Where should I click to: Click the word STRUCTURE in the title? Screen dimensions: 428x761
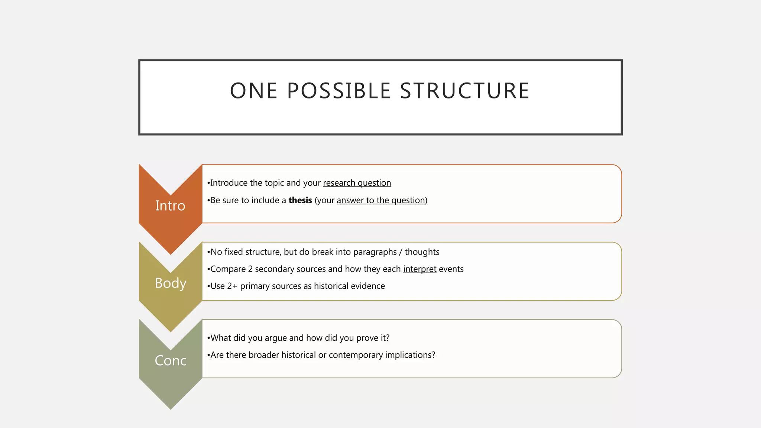(x=464, y=91)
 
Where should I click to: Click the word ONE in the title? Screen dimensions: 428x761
(x=254, y=91)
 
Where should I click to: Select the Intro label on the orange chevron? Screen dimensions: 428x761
(x=170, y=206)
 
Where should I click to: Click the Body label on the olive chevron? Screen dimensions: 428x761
(x=171, y=283)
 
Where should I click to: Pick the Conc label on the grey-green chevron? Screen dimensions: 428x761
(x=171, y=361)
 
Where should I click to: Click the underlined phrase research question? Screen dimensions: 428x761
(x=357, y=183)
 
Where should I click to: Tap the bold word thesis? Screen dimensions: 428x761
(x=300, y=200)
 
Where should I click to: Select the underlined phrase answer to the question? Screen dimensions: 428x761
(x=381, y=200)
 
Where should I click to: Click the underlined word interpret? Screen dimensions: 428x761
(x=420, y=269)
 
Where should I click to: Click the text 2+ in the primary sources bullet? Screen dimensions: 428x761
(x=232, y=286)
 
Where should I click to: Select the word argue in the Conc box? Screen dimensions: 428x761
(x=276, y=338)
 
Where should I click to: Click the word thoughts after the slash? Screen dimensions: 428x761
(x=422, y=252)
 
